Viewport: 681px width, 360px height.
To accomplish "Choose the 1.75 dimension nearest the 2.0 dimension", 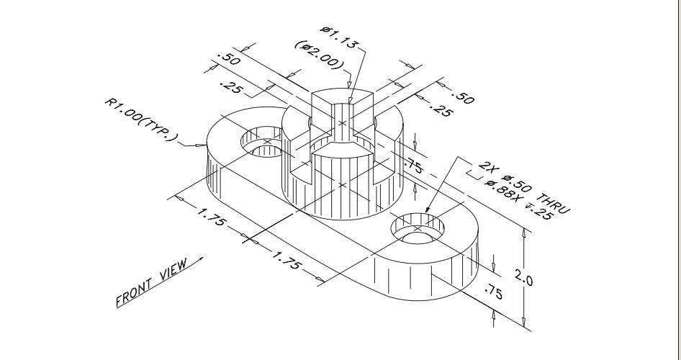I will pyautogui.click(x=286, y=260).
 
